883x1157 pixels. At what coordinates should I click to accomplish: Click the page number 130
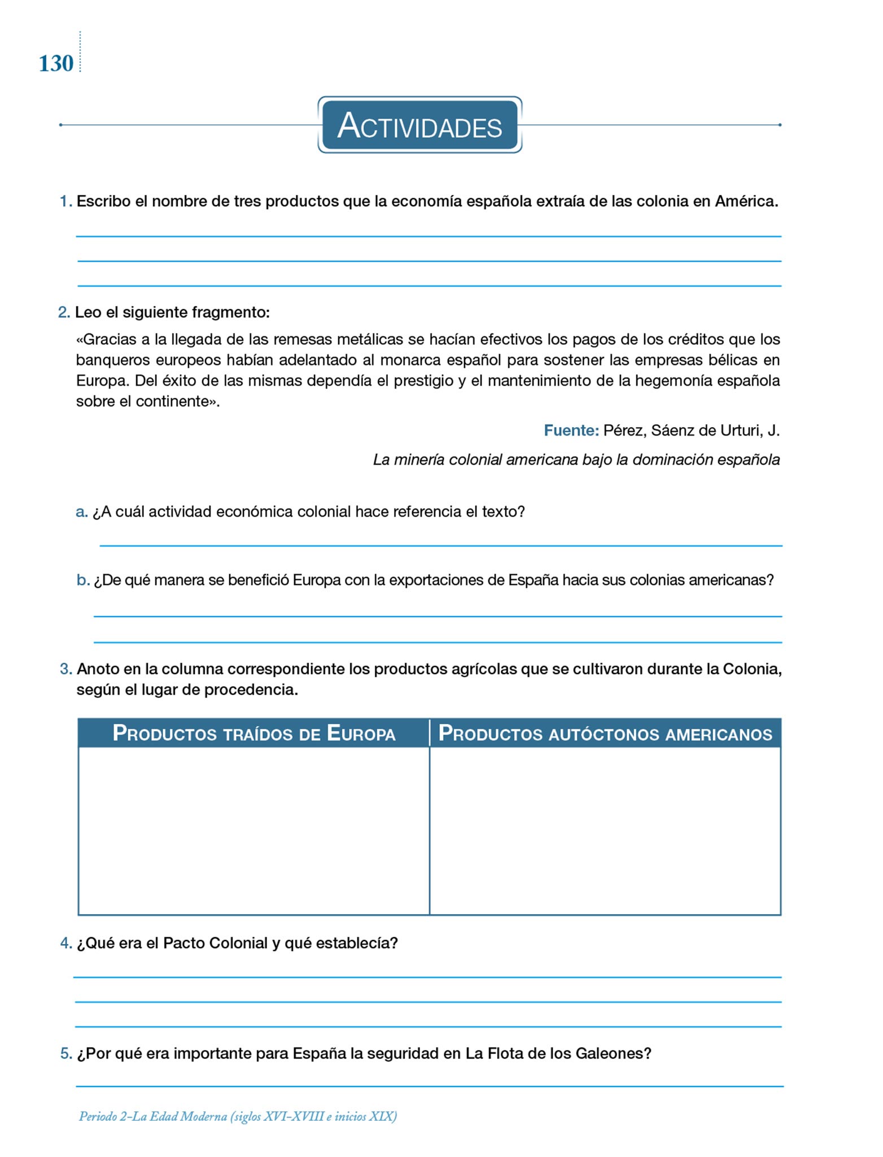(x=56, y=63)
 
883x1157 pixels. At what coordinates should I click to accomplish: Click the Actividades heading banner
(x=419, y=125)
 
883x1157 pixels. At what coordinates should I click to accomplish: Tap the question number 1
(x=65, y=201)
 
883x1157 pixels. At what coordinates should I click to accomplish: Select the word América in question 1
(x=746, y=201)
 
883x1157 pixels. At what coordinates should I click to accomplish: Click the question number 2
(x=64, y=312)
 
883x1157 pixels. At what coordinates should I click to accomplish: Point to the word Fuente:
(x=571, y=430)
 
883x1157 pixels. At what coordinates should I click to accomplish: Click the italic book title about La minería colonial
(x=576, y=459)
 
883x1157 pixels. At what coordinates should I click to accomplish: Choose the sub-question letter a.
(x=82, y=511)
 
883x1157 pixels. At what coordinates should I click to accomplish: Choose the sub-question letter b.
(x=82, y=580)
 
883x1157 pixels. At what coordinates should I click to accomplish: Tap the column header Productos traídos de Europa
(x=254, y=733)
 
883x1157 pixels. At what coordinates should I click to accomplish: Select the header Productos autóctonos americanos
(x=605, y=733)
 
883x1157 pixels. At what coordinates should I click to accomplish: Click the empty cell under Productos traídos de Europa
(x=254, y=830)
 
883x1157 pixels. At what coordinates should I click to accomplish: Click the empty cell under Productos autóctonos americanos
(x=605, y=830)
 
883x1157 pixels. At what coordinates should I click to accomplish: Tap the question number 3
(x=65, y=669)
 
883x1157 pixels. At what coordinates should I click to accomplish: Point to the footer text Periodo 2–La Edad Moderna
(x=238, y=1116)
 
